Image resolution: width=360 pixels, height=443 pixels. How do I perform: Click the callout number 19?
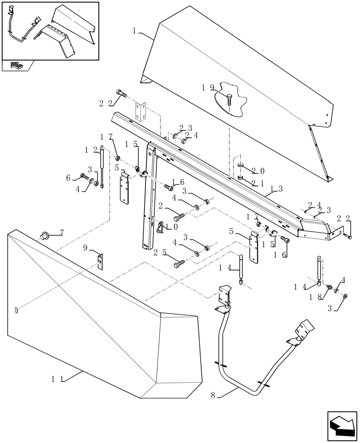coord(208,88)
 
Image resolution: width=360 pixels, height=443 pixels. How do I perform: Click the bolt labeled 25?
coord(178,264)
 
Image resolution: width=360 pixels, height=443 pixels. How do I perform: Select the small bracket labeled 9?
coord(101,261)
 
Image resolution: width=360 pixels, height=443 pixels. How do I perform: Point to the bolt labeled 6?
coord(85,177)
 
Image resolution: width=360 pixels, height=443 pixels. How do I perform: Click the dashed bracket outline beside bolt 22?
coord(141,111)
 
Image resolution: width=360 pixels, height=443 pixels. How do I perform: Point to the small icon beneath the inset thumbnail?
coord(17,66)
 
